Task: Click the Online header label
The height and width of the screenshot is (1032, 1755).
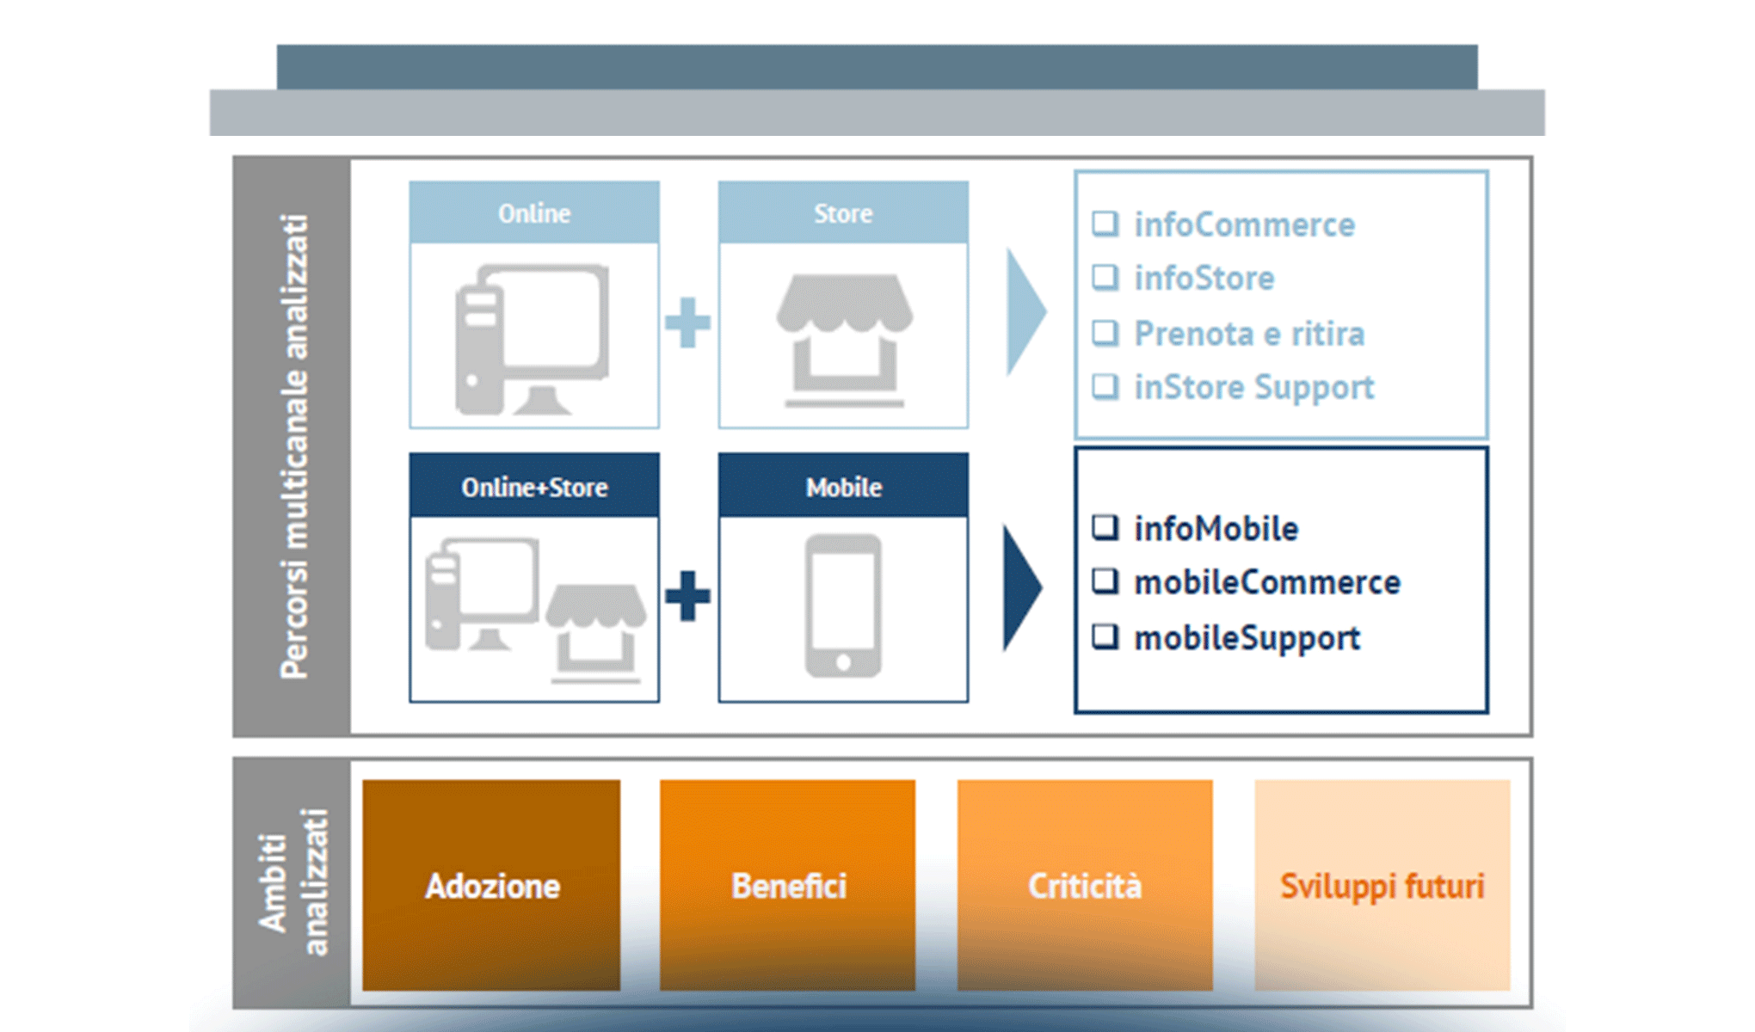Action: coord(534,213)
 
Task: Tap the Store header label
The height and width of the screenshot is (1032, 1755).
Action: coord(843,213)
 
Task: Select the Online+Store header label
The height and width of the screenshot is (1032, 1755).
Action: coord(534,488)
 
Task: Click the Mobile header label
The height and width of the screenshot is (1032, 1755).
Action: coord(843,488)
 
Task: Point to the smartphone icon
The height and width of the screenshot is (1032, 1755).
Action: coord(843,605)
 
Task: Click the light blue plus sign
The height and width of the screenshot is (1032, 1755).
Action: coord(687,322)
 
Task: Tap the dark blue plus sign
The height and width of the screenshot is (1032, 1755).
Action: coord(687,595)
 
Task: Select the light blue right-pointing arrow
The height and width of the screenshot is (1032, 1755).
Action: coord(1025,311)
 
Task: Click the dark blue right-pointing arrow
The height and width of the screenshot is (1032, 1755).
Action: coord(1021,588)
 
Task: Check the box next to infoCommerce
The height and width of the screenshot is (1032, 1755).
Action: coord(1105,224)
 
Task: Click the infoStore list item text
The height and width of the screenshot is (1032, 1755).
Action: coord(1204,279)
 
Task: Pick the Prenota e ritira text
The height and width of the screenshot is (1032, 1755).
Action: coord(1248,334)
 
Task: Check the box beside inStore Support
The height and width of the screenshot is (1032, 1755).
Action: coord(1105,387)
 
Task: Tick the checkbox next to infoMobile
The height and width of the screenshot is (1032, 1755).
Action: coord(1105,527)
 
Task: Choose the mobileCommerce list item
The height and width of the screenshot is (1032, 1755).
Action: coord(1266,583)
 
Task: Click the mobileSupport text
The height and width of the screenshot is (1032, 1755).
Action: coord(1247,638)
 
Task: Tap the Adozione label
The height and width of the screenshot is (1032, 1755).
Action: coord(492,886)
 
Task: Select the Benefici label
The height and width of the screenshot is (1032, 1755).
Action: coord(788,886)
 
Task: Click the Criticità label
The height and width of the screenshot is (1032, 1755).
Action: coord(1085,886)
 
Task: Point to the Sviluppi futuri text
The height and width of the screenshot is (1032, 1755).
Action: coord(1382,886)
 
